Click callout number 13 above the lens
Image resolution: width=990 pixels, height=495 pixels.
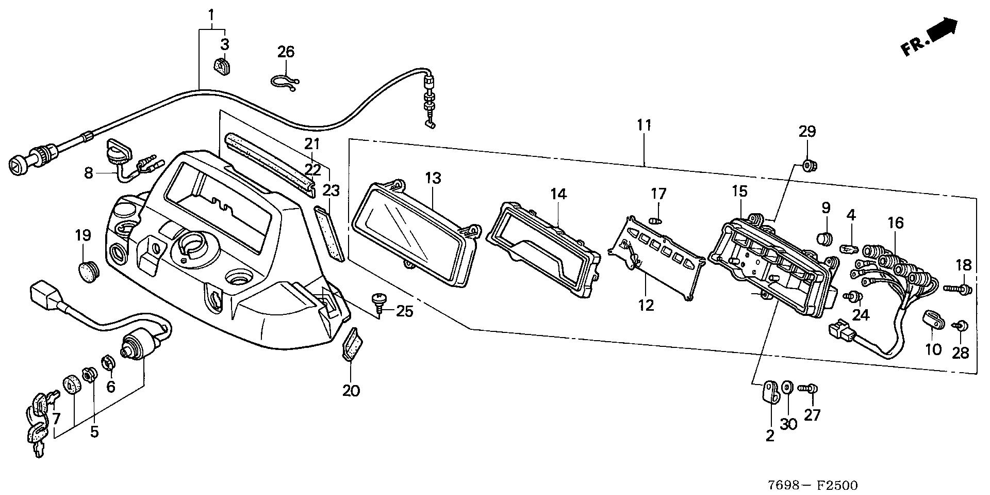[433, 179]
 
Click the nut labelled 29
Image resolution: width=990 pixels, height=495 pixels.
[810, 166]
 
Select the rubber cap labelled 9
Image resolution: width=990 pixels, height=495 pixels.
[826, 239]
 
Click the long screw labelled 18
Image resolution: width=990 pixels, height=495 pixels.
[958, 289]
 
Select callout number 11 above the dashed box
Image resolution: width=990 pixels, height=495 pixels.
[644, 125]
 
